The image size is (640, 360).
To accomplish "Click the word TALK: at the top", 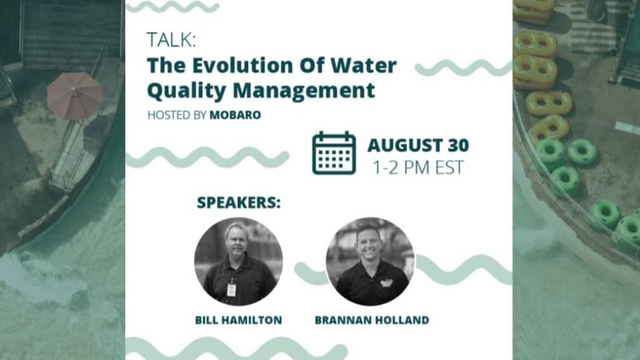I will [x=171, y=40].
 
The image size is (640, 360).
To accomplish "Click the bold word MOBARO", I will [x=235, y=115].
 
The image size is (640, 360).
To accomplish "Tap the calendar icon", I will [x=334, y=153].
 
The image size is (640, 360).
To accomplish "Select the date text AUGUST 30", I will [x=418, y=146].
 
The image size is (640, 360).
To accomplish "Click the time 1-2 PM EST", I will [x=418, y=168].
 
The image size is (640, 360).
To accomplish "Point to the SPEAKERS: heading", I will [x=239, y=203].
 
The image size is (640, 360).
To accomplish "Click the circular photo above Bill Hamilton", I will [x=238, y=261].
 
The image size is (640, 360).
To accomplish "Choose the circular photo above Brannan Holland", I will [x=370, y=261].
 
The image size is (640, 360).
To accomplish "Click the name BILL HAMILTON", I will [x=239, y=320].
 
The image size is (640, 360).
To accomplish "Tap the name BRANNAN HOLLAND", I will [x=372, y=320].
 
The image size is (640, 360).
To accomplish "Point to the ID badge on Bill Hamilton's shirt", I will [x=231, y=289].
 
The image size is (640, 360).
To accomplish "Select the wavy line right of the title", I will [x=463, y=68].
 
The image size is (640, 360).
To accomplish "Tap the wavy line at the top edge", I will [x=172, y=6].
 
